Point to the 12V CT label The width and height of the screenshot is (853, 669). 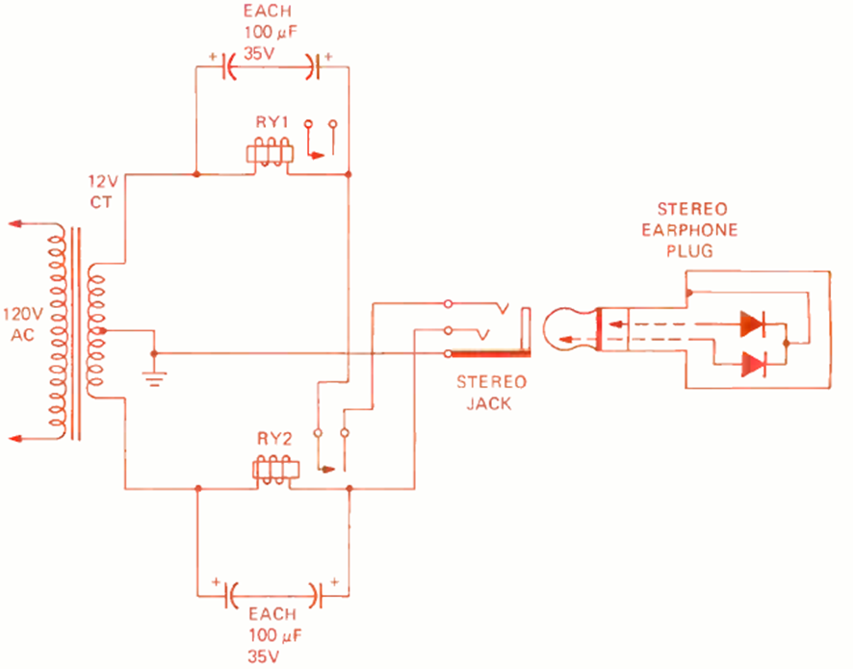pos(101,191)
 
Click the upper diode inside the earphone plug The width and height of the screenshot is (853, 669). pos(752,324)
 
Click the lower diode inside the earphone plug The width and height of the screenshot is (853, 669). pos(752,364)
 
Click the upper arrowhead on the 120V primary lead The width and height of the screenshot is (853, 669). pos(16,224)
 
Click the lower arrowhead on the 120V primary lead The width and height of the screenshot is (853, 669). pos(16,438)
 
